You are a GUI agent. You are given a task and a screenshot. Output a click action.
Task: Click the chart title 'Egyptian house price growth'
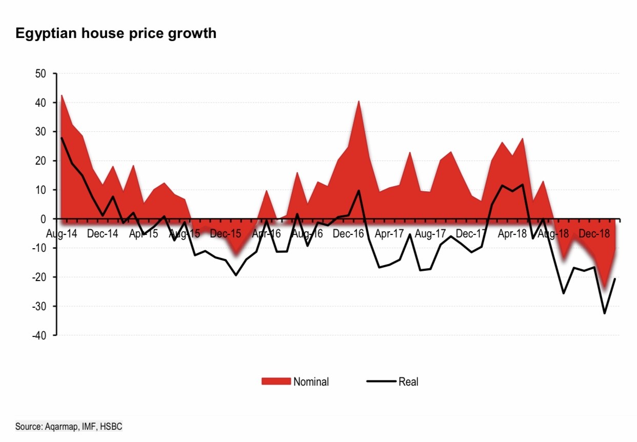pyautogui.click(x=116, y=34)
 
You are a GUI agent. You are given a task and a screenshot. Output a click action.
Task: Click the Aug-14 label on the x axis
pyautogui.click(x=62, y=233)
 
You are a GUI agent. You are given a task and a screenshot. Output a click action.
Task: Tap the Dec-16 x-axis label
pyautogui.click(x=348, y=233)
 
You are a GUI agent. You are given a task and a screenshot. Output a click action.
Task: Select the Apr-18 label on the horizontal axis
pyautogui.click(x=512, y=233)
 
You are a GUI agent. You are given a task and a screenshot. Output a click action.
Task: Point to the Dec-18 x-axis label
pyautogui.click(x=594, y=233)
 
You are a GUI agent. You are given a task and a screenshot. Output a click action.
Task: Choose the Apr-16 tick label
pyautogui.click(x=267, y=233)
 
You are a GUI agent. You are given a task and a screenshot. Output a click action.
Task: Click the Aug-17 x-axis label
pyautogui.click(x=430, y=233)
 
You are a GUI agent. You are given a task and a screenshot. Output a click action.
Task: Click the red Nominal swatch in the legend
pyautogui.click(x=276, y=381)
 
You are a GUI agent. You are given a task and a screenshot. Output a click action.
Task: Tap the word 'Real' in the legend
pyautogui.click(x=408, y=381)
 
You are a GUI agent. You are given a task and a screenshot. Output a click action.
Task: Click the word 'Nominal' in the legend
pyautogui.click(x=311, y=381)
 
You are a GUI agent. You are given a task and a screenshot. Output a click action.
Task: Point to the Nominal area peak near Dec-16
pyautogui.click(x=359, y=101)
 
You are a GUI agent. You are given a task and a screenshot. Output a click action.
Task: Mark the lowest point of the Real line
pyautogui.click(x=605, y=313)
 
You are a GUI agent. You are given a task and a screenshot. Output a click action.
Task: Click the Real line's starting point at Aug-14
pyautogui.click(x=62, y=138)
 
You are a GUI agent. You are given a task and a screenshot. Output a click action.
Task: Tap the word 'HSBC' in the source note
pyautogui.click(x=111, y=427)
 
